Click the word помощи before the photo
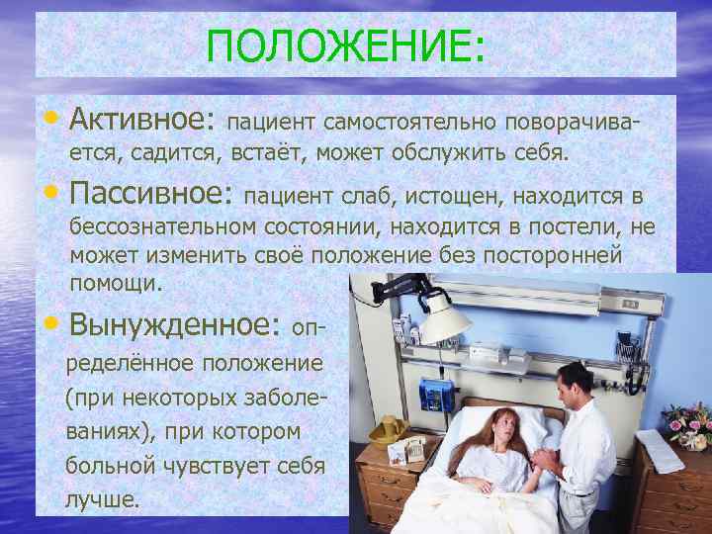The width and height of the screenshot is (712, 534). (114, 282)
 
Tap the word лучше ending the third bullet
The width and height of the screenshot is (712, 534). (103, 499)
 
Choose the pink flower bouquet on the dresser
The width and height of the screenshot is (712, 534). (687, 419)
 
